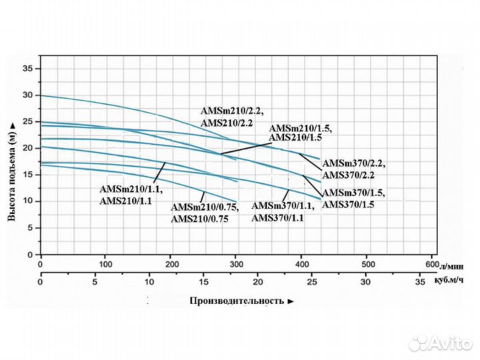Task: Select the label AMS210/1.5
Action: (299, 137)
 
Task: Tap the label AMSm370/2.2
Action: (353, 163)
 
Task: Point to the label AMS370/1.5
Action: (348, 205)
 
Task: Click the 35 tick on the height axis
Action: (27, 69)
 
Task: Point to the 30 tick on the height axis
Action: (27, 95)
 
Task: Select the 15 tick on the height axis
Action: (27, 175)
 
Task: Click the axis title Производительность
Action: (237, 301)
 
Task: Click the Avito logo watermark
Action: (440, 343)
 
